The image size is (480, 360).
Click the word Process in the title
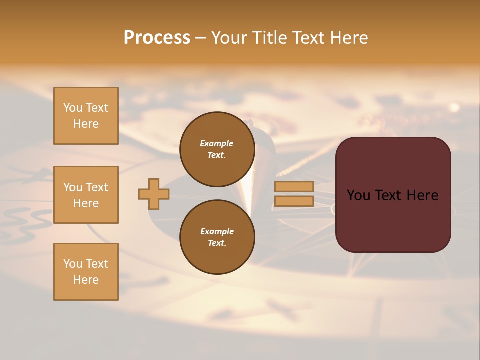[x=157, y=38]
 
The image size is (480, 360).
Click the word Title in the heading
[x=268, y=38]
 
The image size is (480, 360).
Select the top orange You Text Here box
[x=86, y=116]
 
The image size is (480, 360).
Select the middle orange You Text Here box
[x=86, y=195]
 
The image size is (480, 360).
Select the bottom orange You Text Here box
[x=86, y=272]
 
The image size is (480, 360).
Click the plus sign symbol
[x=154, y=194]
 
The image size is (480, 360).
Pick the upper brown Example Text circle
[x=217, y=149]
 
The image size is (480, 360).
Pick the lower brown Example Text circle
[x=217, y=237]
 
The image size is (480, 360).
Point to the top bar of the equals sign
[x=294, y=186]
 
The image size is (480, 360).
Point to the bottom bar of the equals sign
[x=294, y=201]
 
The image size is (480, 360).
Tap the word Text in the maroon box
[x=393, y=195]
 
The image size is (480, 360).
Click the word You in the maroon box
[x=358, y=195]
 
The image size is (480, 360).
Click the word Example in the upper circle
[x=217, y=143]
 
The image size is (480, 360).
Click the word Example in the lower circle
[x=217, y=231]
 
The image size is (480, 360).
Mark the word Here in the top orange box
[x=86, y=124]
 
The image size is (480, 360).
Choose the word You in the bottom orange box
[x=73, y=264]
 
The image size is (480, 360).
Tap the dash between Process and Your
[x=200, y=38]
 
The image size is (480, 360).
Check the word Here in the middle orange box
[x=86, y=203]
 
